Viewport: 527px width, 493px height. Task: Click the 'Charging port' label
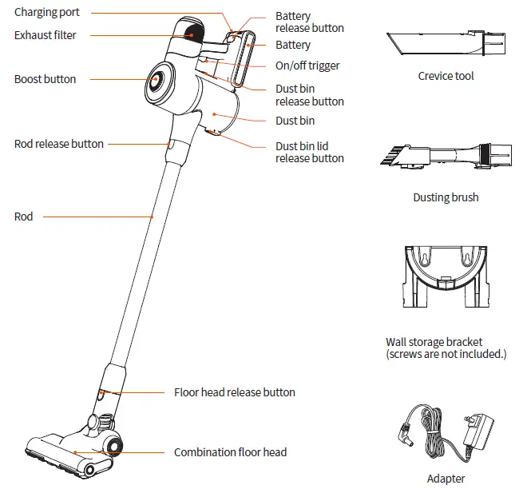pyautogui.click(x=47, y=13)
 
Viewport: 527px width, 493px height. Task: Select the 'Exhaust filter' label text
pyautogui.click(x=46, y=35)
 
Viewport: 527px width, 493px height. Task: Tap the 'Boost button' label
pyautogui.click(x=46, y=79)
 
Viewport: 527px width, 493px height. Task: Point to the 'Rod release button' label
pyautogui.click(x=59, y=144)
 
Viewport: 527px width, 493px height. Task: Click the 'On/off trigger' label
pyautogui.click(x=307, y=66)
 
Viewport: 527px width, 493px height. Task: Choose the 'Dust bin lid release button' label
pyautogui.click(x=310, y=152)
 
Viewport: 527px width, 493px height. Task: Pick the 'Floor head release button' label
pyautogui.click(x=235, y=392)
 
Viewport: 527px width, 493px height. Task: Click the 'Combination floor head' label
pyautogui.click(x=230, y=452)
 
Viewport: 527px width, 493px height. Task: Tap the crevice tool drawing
pyautogui.click(x=446, y=45)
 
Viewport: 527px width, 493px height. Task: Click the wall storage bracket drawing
pyautogui.click(x=446, y=276)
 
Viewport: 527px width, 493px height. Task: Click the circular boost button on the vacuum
pyautogui.click(x=156, y=80)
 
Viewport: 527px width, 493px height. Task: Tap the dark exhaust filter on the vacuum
pyautogui.click(x=192, y=33)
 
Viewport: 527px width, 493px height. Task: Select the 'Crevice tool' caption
pyautogui.click(x=446, y=76)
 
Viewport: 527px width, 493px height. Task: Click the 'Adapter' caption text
pyautogui.click(x=446, y=479)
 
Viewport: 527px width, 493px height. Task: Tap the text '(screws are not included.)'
pyautogui.click(x=446, y=354)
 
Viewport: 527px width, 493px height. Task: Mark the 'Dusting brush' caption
pyautogui.click(x=446, y=197)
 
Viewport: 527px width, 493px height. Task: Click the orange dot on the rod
pyautogui.click(x=152, y=216)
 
